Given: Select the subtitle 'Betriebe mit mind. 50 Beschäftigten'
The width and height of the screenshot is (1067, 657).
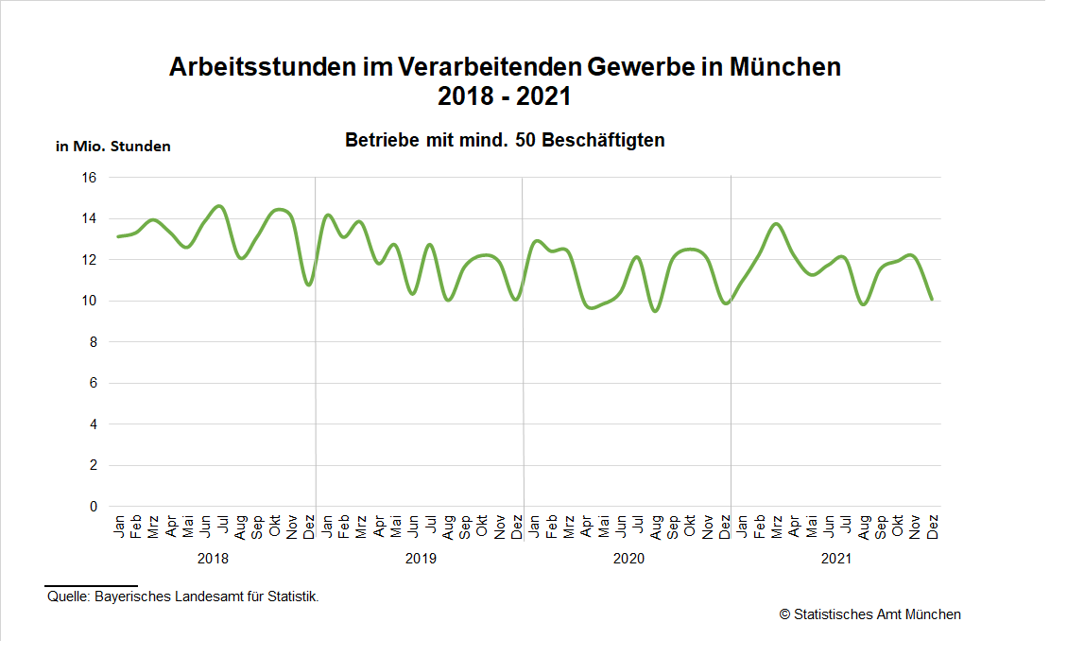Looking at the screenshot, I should pyautogui.click(x=505, y=141).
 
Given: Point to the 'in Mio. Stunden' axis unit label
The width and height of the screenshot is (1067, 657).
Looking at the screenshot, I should pyautogui.click(x=113, y=147).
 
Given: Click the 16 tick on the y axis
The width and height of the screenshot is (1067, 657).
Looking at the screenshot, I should pyautogui.click(x=91, y=178).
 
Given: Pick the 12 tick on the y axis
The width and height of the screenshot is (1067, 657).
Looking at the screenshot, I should pyautogui.click(x=91, y=260).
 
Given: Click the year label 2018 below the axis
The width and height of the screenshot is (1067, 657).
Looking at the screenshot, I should pyautogui.click(x=213, y=559).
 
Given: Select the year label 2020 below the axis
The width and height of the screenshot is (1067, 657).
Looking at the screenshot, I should pyautogui.click(x=628, y=559).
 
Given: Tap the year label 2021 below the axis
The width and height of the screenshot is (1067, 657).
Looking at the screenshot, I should pyautogui.click(x=836, y=559).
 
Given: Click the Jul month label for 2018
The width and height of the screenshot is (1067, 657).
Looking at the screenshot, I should pyautogui.click(x=224, y=525).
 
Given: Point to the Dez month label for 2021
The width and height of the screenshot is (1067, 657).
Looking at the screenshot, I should pyautogui.click(x=933, y=527).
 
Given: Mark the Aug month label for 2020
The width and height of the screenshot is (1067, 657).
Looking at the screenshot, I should pyautogui.click(x=657, y=527).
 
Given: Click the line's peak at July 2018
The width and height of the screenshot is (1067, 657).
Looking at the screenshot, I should pyautogui.click(x=220, y=206).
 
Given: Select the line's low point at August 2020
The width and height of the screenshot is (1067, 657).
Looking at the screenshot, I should pyautogui.click(x=655, y=311).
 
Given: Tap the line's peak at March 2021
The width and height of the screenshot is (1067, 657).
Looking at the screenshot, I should pyautogui.click(x=777, y=224).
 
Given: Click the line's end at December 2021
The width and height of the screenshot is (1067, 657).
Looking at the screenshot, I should pyautogui.click(x=932, y=300).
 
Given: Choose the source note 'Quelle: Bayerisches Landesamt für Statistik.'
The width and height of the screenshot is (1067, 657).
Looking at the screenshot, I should pyautogui.click(x=183, y=596).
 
